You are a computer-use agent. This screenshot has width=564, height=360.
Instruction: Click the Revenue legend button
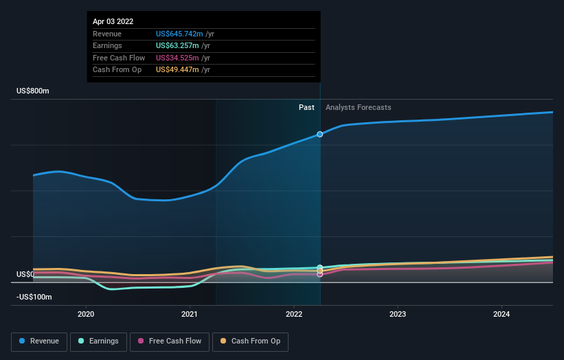click(x=40, y=341)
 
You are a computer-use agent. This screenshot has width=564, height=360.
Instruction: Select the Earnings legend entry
click(x=98, y=341)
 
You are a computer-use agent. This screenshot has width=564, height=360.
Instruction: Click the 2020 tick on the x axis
click(x=86, y=315)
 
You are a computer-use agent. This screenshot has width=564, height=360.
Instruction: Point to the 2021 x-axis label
click(x=190, y=315)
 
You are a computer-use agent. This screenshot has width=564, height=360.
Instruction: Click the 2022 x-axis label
click(x=294, y=315)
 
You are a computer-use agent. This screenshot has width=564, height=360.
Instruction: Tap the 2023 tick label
click(x=398, y=315)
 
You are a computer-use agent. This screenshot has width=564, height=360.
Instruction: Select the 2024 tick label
click(x=501, y=315)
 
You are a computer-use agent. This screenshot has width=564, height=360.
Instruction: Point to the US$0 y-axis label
click(x=25, y=274)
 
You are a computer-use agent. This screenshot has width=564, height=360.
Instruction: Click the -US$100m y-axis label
click(x=35, y=297)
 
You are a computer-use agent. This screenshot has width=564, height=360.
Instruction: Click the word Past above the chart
click(x=306, y=107)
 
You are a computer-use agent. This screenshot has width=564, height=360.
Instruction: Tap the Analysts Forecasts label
click(x=358, y=107)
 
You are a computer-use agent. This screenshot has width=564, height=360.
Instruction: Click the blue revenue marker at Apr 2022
click(x=320, y=134)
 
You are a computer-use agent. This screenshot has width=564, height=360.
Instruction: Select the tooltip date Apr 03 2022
click(x=113, y=21)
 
